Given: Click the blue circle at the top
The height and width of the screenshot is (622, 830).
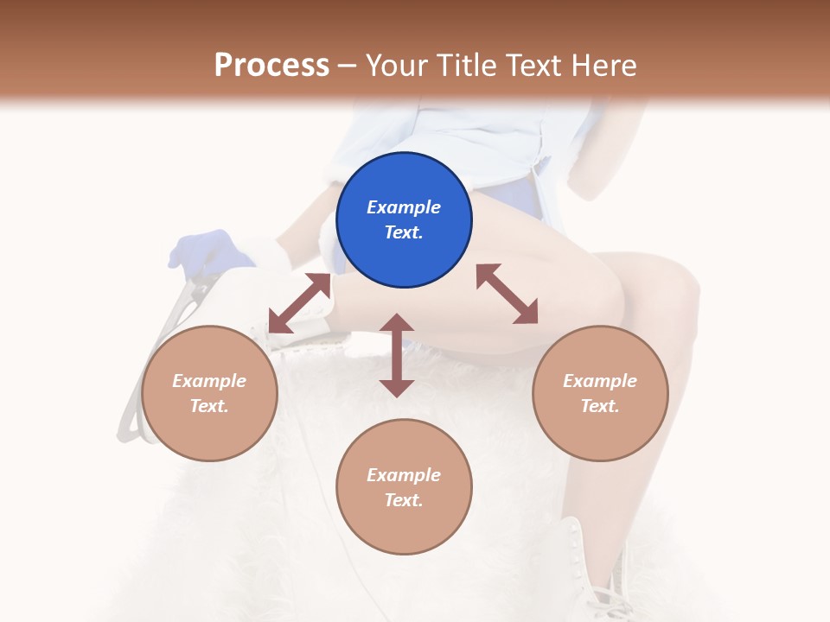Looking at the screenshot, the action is click(x=404, y=220).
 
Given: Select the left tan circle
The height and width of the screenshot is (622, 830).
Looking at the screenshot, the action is click(x=209, y=394).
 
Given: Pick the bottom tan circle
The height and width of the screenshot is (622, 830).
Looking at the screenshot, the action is click(x=404, y=487).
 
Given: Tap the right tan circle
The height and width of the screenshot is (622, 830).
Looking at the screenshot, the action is click(x=600, y=394).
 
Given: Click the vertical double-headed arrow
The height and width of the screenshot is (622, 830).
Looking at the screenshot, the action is click(x=397, y=355).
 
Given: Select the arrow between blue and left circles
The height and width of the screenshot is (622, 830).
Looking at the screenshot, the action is click(x=299, y=303).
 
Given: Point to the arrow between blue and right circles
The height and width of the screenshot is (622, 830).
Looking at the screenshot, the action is click(x=508, y=294).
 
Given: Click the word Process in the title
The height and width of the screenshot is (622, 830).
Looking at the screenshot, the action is click(x=272, y=66).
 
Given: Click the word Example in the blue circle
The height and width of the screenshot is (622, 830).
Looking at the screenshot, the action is click(x=404, y=207).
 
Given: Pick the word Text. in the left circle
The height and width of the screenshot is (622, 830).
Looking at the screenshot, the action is click(x=209, y=406).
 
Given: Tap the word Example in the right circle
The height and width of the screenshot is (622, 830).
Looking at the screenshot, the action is click(x=600, y=381).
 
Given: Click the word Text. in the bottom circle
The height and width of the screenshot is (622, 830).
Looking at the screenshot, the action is click(x=404, y=500).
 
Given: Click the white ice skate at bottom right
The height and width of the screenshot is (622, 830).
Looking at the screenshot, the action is click(x=598, y=571).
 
